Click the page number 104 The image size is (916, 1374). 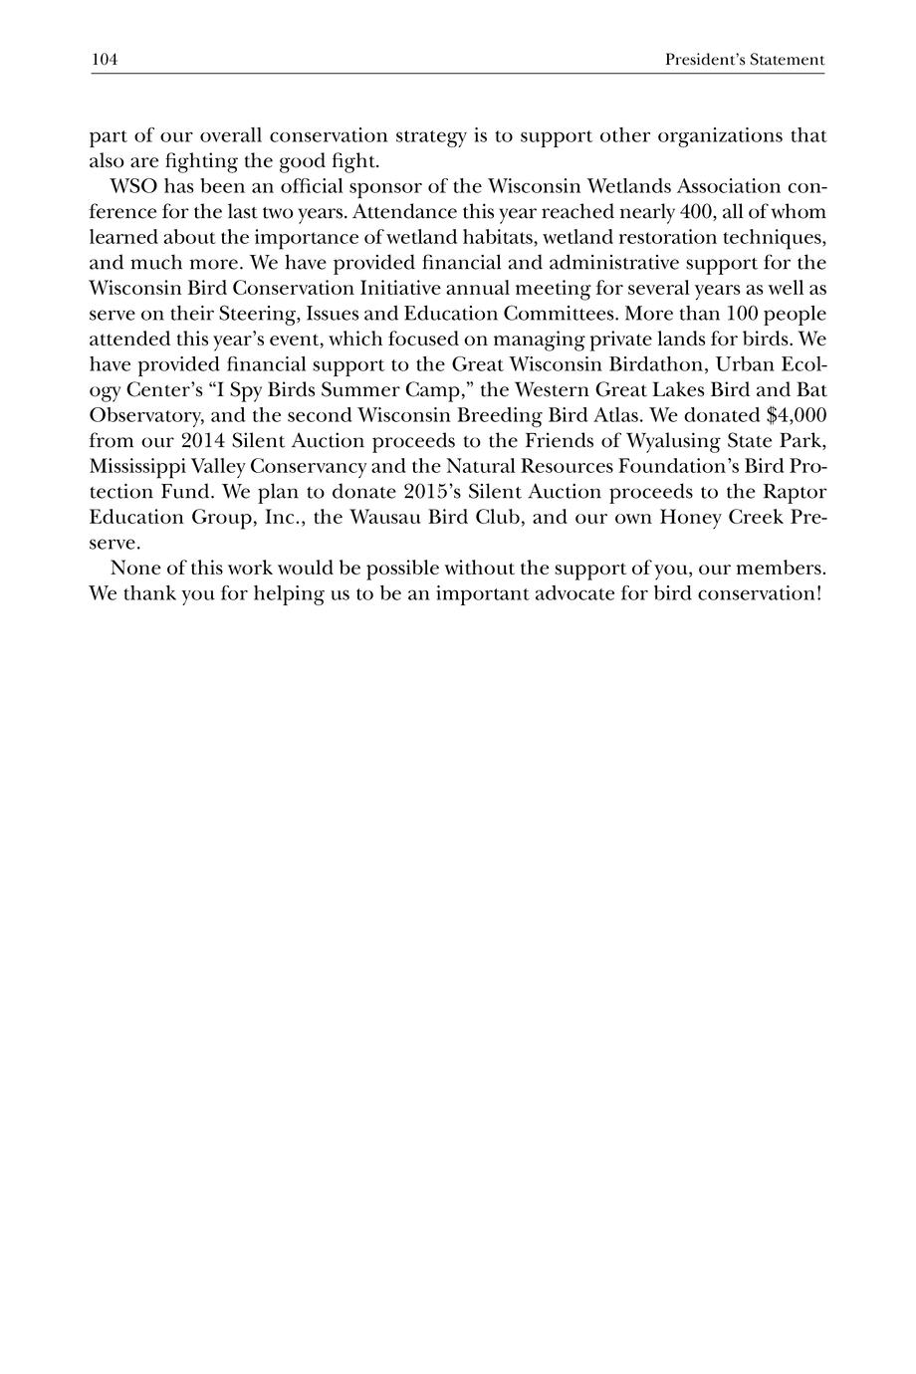coord(105,61)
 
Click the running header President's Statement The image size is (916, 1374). coord(745,61)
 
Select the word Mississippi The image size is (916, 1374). coord(136,466)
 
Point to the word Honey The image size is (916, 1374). coord(688,518)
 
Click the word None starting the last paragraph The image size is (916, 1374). coord(133,569)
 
